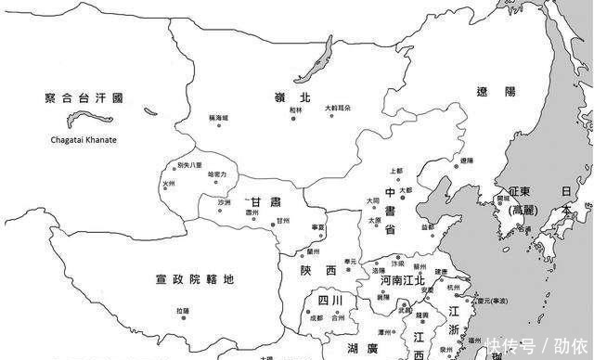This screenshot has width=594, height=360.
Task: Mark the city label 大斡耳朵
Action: pyautogui.click(x=339, y=109)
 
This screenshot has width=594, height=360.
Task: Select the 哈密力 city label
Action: pyautogui.click(x=216, y=174)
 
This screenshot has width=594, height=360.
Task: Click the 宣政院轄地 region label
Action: pyautogui.click(x=194, y=279)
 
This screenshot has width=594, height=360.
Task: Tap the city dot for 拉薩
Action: pyautogui.click(x=182, y=318)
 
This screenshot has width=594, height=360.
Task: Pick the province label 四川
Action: pyautogui.click(x=331, y=301)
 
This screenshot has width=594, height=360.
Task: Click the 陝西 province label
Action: pyautogui.click(x=317, y=269)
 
